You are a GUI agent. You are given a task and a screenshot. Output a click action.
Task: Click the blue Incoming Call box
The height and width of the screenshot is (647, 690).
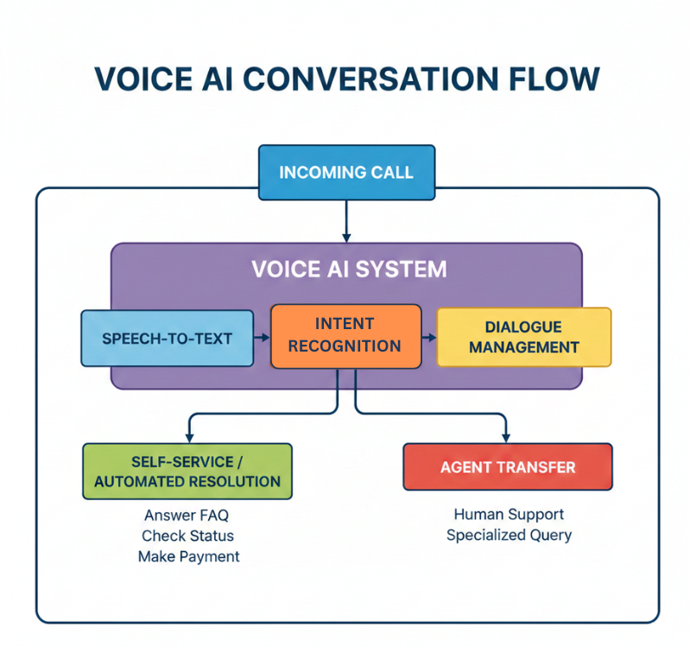click(345, 172)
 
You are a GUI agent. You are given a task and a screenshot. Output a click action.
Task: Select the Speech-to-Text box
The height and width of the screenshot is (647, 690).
click(167, 338)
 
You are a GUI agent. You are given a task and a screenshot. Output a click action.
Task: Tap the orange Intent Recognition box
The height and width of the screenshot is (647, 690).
click(345, 336)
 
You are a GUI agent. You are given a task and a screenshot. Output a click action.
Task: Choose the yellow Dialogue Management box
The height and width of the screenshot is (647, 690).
click(523, 337)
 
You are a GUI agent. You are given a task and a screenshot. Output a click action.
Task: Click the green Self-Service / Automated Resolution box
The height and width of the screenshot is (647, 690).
click(187, 471)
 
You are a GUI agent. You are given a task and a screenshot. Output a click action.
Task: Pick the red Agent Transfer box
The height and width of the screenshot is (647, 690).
click(507, 467)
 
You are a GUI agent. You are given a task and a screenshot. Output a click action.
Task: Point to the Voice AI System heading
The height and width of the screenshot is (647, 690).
click(349, 269)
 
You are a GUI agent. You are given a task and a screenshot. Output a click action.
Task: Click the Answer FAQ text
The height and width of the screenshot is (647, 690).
click(187, 516)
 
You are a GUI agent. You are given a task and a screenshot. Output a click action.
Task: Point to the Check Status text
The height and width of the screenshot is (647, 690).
click(187, 536)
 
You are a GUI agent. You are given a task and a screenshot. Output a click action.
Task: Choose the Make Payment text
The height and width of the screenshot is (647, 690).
click(188, 556)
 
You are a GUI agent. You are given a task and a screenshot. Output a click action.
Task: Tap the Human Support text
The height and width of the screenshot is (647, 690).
click(509, 515)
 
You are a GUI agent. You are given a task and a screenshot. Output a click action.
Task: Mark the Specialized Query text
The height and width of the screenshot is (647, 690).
click(509, 535)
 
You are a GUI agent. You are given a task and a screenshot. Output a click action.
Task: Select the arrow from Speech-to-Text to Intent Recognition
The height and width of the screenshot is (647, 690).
click(262, 337)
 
